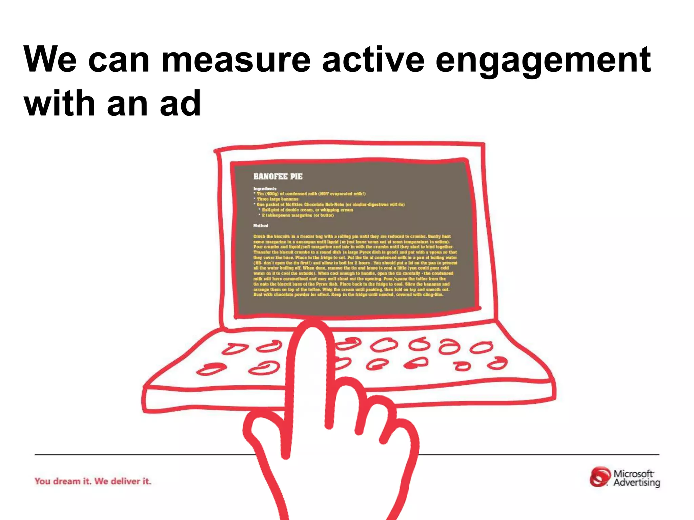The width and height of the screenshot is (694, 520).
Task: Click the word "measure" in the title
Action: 236,60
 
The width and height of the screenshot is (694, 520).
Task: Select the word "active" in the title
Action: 373,60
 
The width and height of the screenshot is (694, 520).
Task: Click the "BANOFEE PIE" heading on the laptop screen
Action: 278,176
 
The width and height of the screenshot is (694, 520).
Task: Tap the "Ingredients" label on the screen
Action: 265,189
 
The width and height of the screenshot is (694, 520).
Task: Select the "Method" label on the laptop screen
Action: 261,225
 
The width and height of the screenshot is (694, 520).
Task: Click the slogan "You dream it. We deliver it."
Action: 93,481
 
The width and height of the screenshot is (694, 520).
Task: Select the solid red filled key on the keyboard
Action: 416,363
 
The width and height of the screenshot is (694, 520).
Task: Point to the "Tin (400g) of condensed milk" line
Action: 310,194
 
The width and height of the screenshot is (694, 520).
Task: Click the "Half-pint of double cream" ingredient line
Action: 307,210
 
